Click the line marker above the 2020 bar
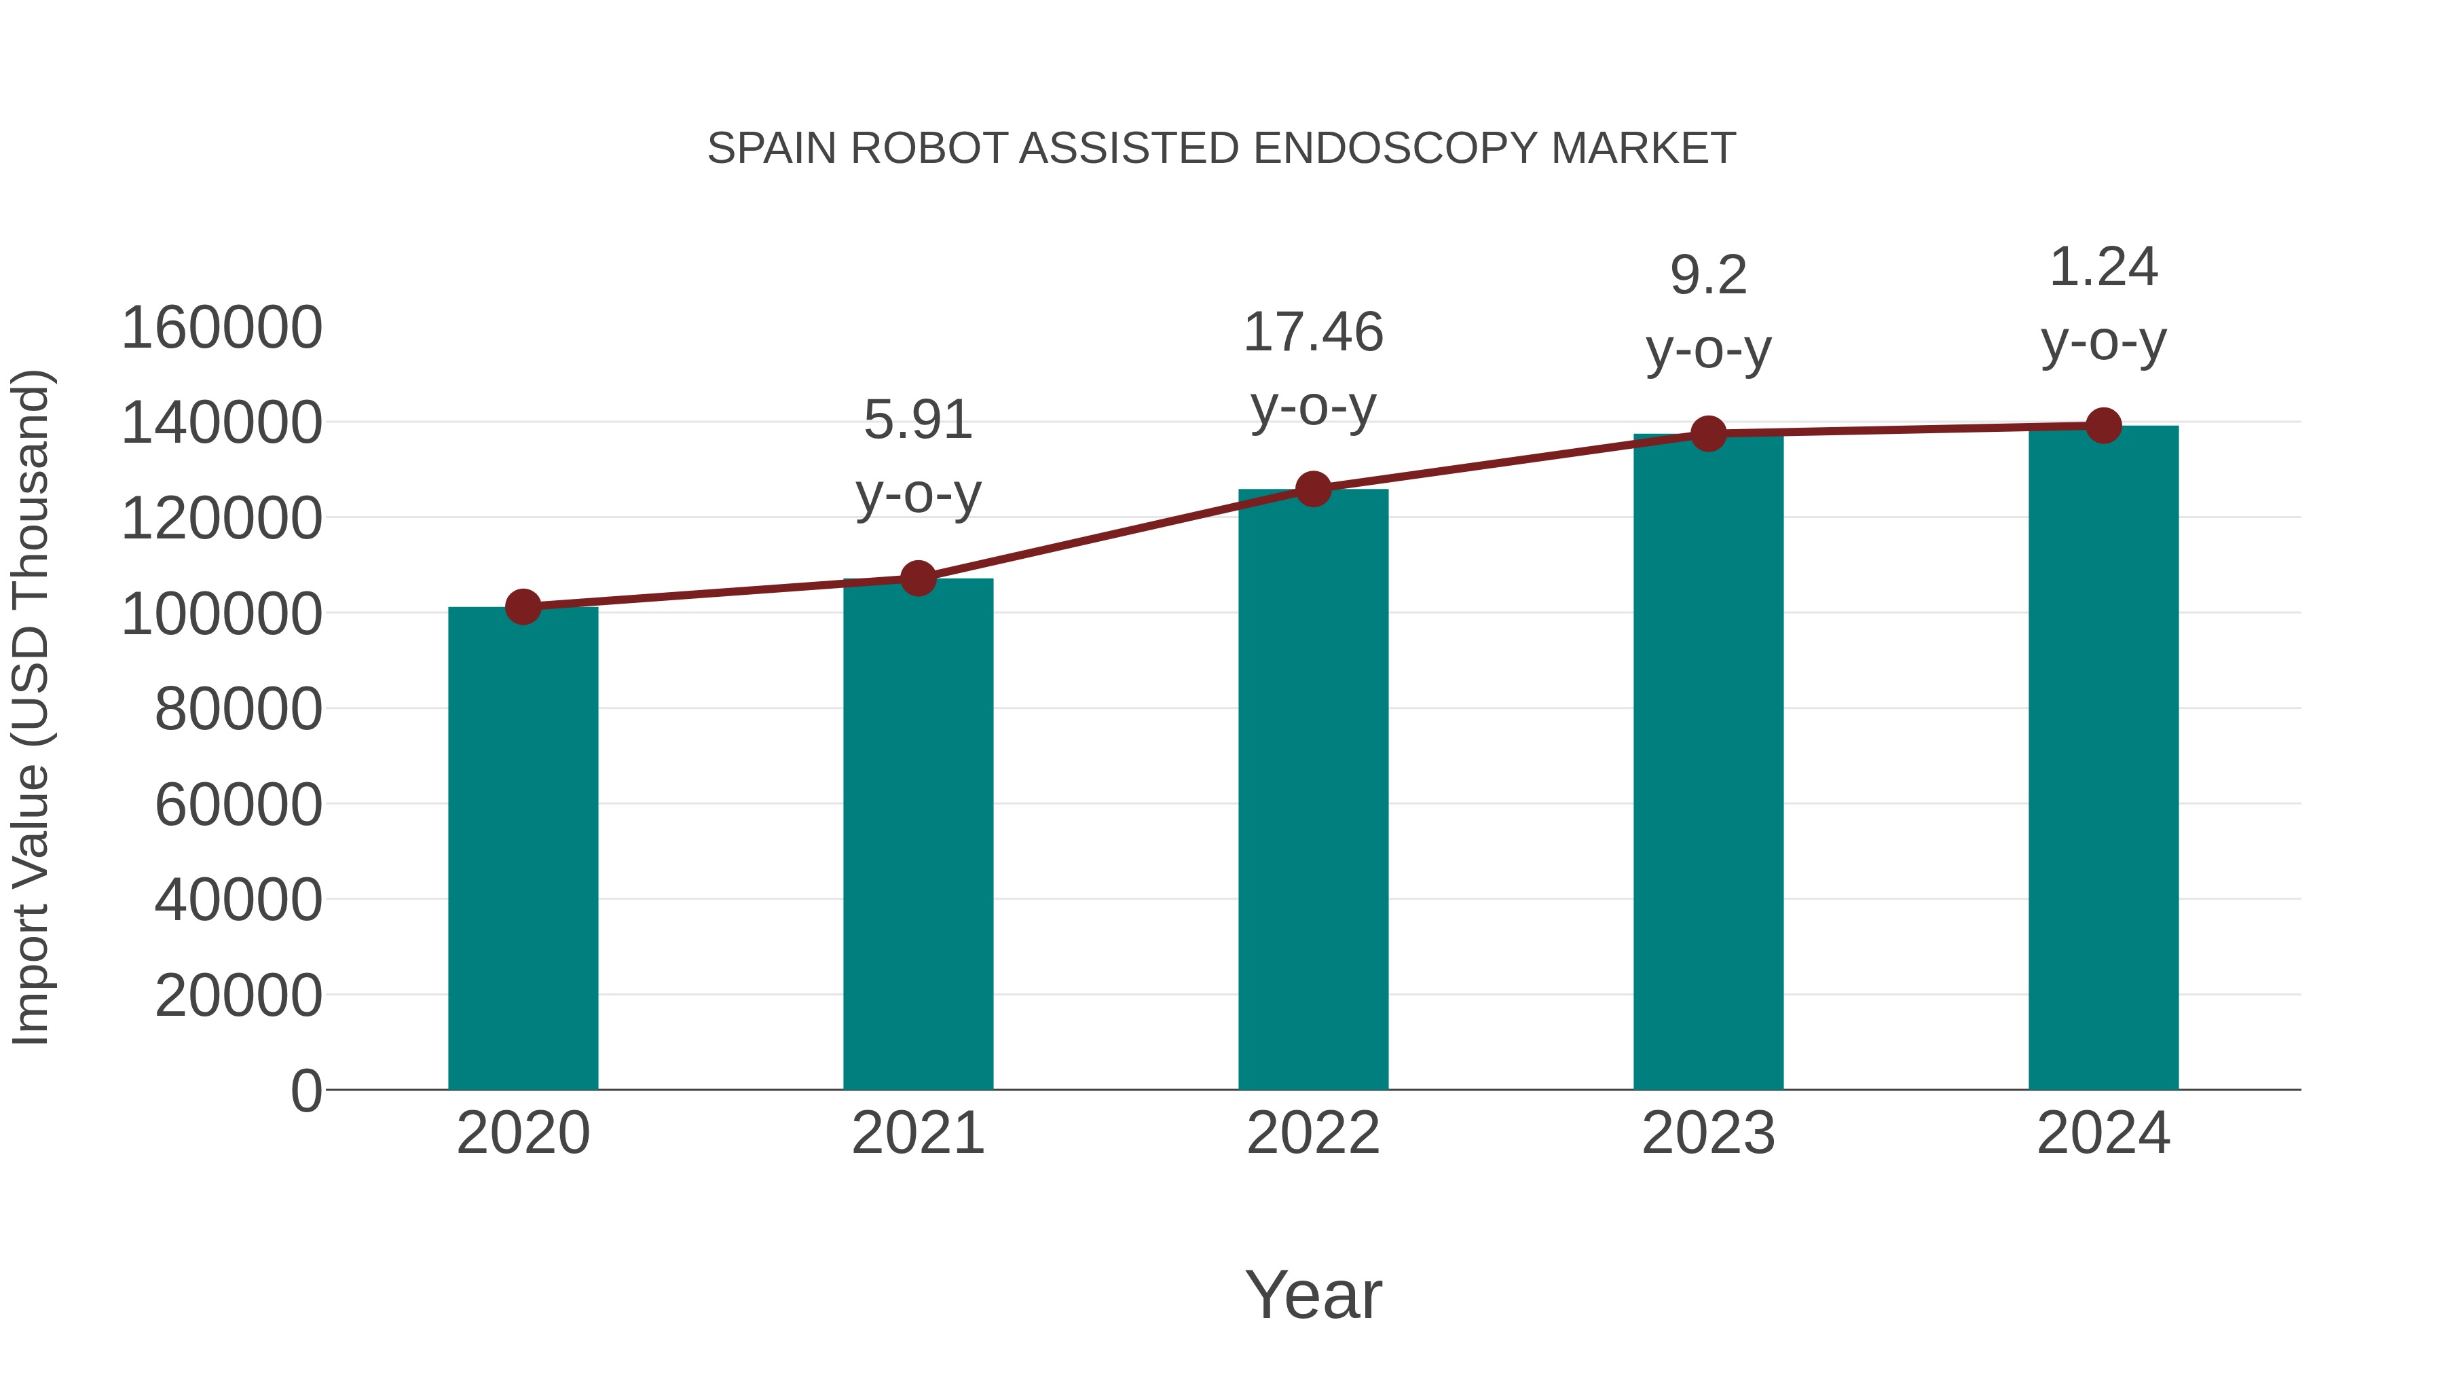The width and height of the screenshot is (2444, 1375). click(x=523, y=606)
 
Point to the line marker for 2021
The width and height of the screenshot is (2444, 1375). click(x=917, y=578)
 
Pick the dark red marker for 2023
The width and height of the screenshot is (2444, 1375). click(x=1708, y=434)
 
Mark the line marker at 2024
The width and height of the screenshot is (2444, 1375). click(x=2103, y=426)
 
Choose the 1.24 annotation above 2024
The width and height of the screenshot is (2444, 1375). click(x=2103, y=303)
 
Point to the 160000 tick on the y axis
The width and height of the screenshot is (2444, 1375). click(x=221, y=329)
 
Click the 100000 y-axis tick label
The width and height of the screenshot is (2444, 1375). click(x=221, y=614)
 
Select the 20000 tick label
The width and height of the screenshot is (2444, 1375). click(x=238, y=995)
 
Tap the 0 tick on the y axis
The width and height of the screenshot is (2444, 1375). click(x=305, y=1090)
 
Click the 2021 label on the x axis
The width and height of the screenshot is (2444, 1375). click(x=917, y=1133)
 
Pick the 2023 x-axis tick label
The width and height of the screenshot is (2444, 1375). click(x=1708, y=1133)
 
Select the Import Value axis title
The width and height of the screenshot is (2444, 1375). click(x=31, y=707)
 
